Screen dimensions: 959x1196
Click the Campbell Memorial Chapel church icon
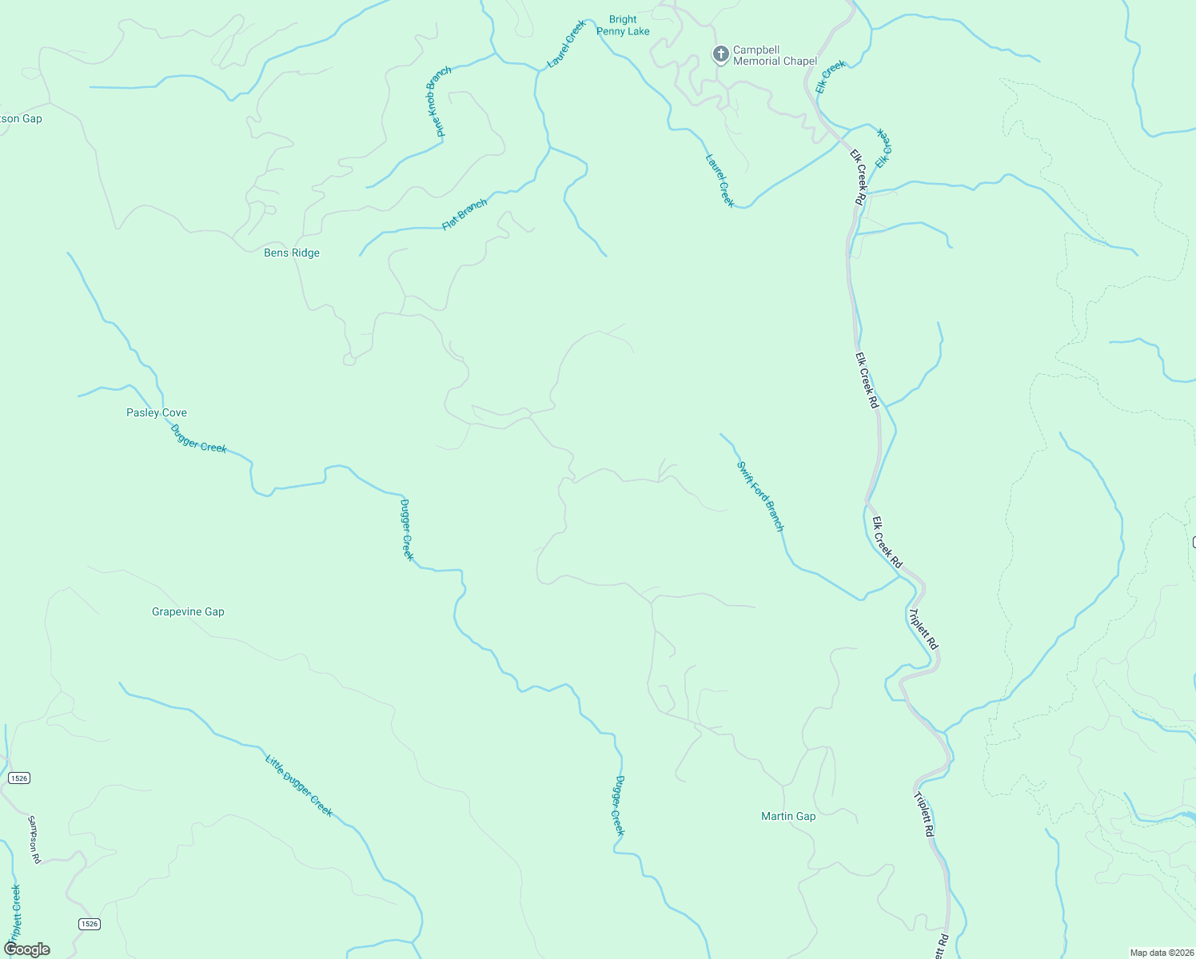click(720, 54)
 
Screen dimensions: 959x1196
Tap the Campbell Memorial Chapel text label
click(775, 55)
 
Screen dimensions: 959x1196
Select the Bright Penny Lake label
click(623, 26)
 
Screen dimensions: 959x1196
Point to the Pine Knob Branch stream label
click(438, 101)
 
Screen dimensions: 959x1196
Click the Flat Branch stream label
click(464, 215)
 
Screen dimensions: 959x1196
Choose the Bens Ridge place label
click(292, 253)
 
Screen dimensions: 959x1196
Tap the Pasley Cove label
click(157, 412)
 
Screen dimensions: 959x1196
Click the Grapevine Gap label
click(188, 611)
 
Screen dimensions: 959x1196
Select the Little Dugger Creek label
click(299, 785)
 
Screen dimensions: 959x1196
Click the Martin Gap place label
click(788, 816)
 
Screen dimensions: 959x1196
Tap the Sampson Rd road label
click(34, 839)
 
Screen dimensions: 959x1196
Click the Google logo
click(26, 949)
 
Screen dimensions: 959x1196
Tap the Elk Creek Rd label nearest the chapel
click(858, 177)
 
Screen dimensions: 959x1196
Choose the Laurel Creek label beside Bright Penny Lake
click(566, 43)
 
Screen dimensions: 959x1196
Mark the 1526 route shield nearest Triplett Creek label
click(90, 924)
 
